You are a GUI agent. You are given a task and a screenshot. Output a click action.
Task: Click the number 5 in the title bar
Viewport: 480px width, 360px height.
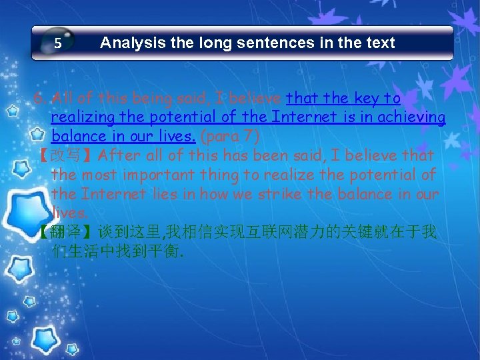coord(58,44)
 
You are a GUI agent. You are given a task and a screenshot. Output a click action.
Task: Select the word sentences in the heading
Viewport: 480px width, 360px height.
coord(251,43)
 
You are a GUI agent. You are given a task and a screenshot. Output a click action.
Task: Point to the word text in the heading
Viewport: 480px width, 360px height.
coord(379,43)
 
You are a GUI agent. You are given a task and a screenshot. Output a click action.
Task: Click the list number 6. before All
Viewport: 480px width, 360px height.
coord(39,99)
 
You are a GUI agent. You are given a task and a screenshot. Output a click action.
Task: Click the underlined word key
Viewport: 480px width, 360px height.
coord(368,99)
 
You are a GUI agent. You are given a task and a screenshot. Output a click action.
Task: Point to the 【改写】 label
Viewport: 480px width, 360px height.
coord(66,156)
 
